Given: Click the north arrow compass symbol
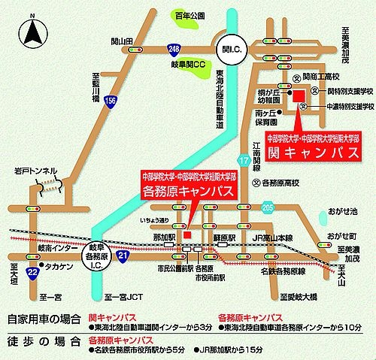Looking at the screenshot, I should tap(32, 32).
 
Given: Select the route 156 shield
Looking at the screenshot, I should tap(111, 101).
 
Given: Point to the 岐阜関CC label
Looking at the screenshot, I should tap(189, 65).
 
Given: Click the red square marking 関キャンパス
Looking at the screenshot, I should tap(299, 96).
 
